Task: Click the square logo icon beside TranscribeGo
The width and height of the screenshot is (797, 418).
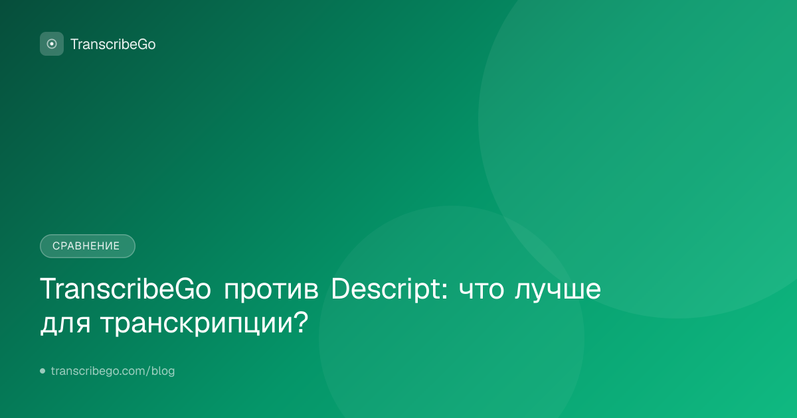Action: click(x=52, y=44)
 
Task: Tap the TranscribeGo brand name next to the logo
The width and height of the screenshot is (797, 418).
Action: click(x=113, y=44)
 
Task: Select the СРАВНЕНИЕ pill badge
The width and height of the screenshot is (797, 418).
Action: click(x=88, y=246)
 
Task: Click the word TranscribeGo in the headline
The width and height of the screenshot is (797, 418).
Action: click(x=126, y=289)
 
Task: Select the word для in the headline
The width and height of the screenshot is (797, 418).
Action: click(x=65, y=324)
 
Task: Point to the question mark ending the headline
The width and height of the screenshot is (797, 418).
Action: click(x=301, y=321)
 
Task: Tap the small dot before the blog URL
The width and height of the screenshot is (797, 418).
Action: click(x=43, y=371)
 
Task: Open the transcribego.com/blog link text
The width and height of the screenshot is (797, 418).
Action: click(x=113, y=371)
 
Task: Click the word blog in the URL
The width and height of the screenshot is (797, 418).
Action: click(x=163, y=371)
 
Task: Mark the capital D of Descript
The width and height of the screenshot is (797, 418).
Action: click(x=341, y=289)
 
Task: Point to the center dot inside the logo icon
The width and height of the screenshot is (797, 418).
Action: click(x=52, y=44)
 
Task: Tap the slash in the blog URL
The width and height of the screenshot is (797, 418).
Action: click(x=148, y=371)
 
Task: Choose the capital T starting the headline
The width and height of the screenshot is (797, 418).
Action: click(x=48, y=289)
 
